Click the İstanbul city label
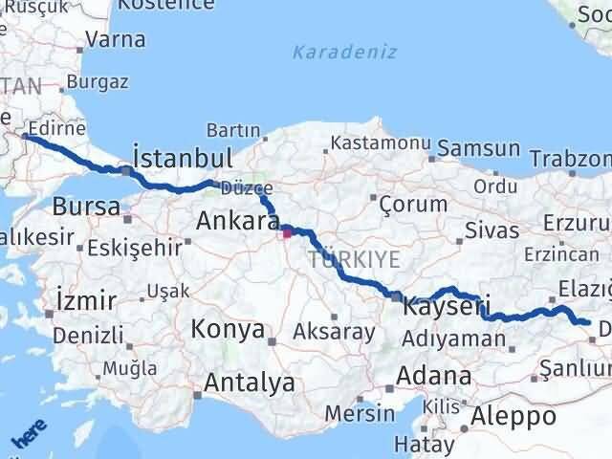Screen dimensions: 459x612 point(183,157)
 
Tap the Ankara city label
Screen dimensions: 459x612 point(237,222)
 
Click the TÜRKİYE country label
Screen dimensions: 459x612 point(353,259)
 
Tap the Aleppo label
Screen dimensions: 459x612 point(514,416)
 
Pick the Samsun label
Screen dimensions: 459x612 point(482,150)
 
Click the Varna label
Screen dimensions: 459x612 point(116,40)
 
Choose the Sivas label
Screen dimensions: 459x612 point(492,229)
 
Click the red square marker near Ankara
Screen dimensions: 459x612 point(286,230)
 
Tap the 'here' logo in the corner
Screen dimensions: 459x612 point(30,434)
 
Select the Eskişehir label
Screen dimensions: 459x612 point(134,248)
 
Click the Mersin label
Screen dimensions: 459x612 point(360,413)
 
